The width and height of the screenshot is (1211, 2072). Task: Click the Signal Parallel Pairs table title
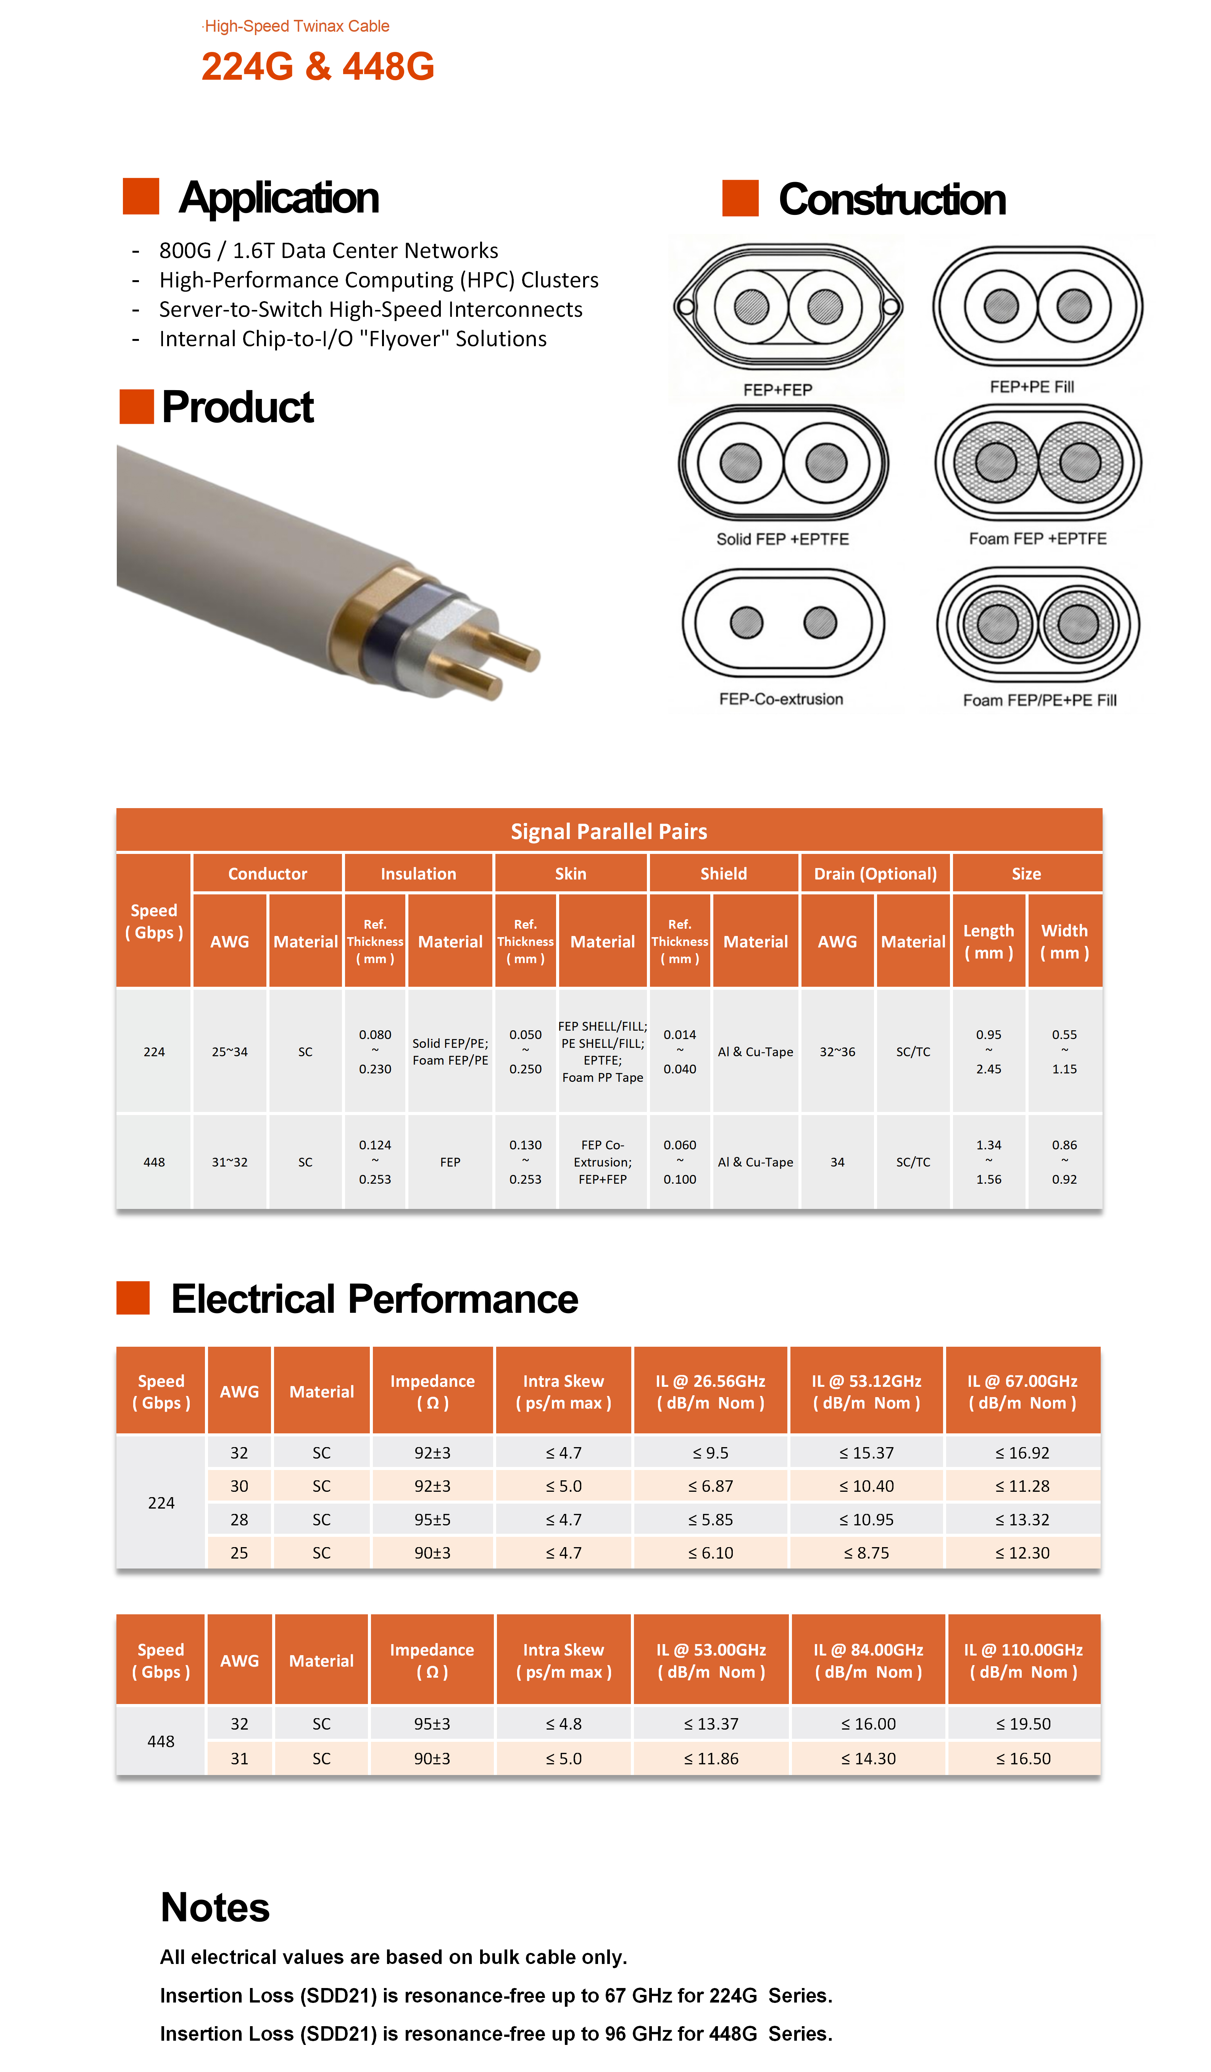[x=608, y=831]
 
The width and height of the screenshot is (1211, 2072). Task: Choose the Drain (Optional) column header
[x=875, y=873]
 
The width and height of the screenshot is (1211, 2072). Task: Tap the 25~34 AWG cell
[x=229, y=1052]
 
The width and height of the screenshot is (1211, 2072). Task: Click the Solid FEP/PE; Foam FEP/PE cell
[x=450, y=1052]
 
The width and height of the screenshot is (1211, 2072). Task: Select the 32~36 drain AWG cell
[x=837, y=1052]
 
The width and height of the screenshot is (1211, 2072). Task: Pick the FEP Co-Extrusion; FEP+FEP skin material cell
[x=603, y=1162]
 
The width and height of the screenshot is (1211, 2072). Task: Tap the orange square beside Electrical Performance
[x=133, y=1297]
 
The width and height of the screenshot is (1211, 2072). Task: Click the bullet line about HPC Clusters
[x=378, y=279]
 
